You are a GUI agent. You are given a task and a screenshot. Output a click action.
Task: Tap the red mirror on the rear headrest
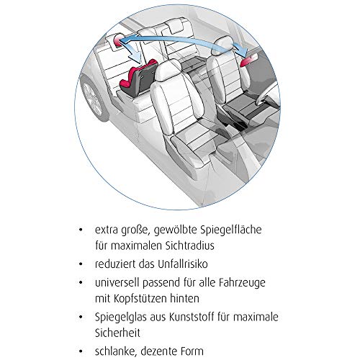point(118,40)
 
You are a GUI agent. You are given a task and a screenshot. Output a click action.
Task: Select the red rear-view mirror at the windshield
point(248,60)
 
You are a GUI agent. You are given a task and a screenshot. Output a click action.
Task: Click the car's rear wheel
point(92,99)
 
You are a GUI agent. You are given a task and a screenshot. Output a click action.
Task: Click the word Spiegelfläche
point(231,230)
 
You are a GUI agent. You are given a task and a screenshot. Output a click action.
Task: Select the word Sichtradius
point(189,246)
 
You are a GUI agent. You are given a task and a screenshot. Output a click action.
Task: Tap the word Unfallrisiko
point(183,264)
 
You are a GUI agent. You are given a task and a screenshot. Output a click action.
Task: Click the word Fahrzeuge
point(242,283)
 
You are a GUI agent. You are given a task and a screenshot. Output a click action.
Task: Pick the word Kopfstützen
point(140,299)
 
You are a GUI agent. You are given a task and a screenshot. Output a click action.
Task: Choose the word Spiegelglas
point(121,318)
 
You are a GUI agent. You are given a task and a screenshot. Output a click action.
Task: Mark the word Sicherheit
point(117,333)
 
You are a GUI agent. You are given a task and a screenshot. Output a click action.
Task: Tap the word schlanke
point(117,351)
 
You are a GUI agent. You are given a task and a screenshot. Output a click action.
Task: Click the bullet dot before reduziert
point(81,264)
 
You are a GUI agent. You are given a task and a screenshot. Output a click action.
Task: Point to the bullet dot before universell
point(81,283)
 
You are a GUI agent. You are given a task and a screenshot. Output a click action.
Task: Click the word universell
point(117,283)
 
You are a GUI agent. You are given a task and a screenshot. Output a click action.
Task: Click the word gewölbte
point(176,230)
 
